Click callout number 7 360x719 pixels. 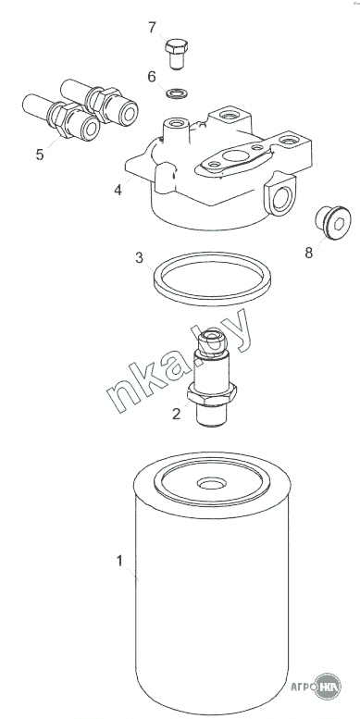click(x=153, y=28)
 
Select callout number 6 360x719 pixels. click(x=152, y=77)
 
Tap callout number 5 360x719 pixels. click(x=40, y=155)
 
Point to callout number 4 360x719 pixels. click(x=118, y=190)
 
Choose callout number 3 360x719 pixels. click(x=139, y=258)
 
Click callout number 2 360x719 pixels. click(x=176, y=414)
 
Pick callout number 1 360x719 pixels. click(x=119, y=561)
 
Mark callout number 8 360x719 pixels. click(x=308, y=253)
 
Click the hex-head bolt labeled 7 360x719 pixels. click(x=177, y=54)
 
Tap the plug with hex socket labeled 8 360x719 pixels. click(x=332, y=223)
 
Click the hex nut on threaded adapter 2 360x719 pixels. click(x=212, y=394)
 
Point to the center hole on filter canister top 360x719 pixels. click(x=211, y=484)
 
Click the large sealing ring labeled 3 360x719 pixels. click(x=212, y=299)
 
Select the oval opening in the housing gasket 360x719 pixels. click(x=237, y=155)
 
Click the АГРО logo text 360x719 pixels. click(x=304, y=687)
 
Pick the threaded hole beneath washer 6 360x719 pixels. click(x=176, y=123)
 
